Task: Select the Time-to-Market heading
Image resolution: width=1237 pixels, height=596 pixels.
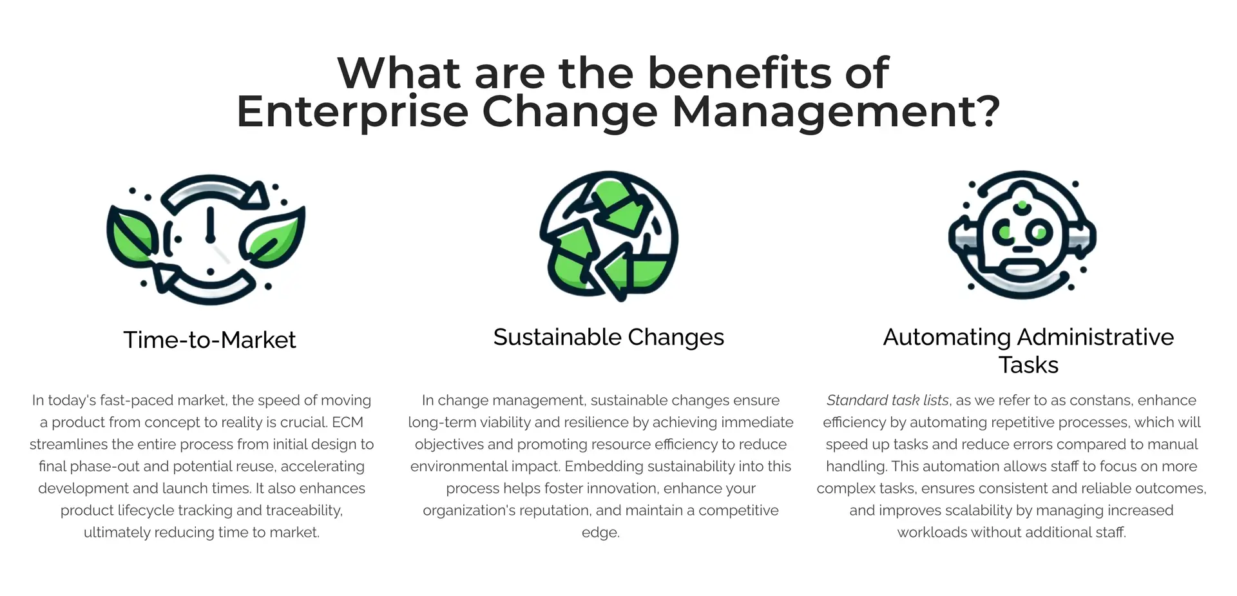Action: [209, 340]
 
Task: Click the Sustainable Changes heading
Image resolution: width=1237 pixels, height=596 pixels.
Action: [608, 337]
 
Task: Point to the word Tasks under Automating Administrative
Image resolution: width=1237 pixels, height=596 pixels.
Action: [1028, 365]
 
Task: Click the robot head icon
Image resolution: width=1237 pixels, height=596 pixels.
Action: [1022, 235]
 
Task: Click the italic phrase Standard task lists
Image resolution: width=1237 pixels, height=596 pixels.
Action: [887, 400]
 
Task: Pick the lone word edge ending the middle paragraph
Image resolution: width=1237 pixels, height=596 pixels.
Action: [600, 532]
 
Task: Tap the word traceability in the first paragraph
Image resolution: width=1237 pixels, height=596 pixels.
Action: [304, 510]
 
